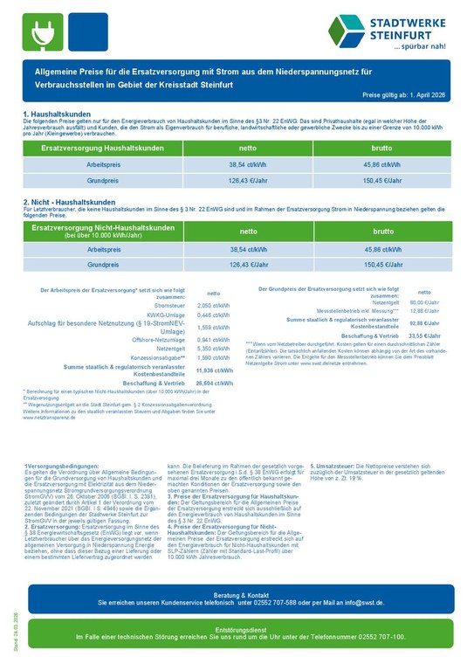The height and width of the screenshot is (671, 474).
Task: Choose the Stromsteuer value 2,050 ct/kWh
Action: [x=213, y=306]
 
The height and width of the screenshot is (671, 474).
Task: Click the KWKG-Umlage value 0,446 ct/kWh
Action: [x=213, y=315]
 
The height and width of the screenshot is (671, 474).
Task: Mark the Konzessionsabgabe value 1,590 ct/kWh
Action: [x=213, y=357]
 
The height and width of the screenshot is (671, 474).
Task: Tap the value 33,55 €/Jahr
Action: [x=426, y=335]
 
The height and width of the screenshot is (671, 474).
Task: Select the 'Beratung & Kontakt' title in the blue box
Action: [x=236, y=593]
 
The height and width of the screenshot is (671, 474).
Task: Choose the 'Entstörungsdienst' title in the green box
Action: [x=236, y=630]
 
